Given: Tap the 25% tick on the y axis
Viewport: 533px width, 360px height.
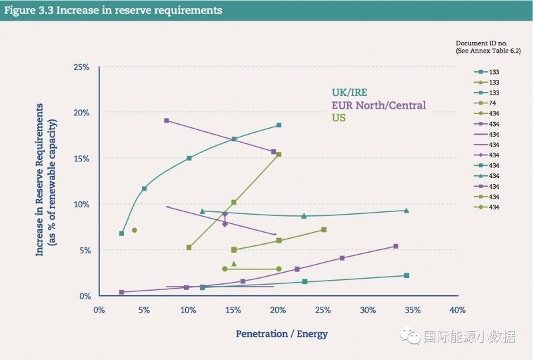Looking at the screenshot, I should click(x=81, y=67).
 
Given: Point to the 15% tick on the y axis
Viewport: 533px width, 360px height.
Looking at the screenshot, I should click(x=81, y=159).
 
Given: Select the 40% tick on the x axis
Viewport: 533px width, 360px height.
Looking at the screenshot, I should click(x=457, y=310).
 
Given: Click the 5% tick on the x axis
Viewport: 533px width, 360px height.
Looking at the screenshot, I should click(x=144, y=310).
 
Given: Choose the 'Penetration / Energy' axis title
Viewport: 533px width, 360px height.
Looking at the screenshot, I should click(x=281, y=333).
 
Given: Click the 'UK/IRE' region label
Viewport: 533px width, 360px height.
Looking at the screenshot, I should click(x=350, y=93).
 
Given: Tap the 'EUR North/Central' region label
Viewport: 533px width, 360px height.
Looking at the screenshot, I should click(x=378, y=105).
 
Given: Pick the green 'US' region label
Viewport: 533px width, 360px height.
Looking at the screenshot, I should click(x=338, y=118).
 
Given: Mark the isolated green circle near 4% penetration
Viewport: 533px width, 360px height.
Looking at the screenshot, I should click(x=135, y=230).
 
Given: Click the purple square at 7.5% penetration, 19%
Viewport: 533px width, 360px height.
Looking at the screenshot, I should click(x=167, y=121).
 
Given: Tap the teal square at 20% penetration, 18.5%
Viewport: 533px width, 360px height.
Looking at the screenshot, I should click(x=278, y=125).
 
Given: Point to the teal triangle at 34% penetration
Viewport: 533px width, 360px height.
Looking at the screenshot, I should click(x=406, y=211).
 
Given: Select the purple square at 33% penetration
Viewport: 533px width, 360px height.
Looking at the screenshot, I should click(x=396, y=246).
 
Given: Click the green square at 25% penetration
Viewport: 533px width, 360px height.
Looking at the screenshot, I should click(x=324, y=229).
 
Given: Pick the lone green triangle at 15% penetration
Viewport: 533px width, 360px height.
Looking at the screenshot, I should click(x=234, y=264).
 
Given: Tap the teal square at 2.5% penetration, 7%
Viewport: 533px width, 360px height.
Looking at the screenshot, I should click(x=121, y=233).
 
